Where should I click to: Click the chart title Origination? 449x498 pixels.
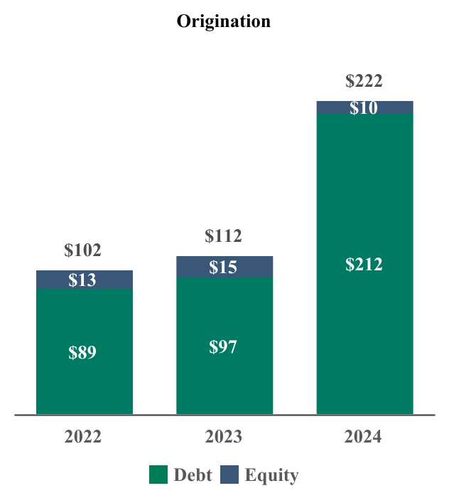click(x=224, y=21)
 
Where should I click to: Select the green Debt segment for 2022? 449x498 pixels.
click(x=84, y=384)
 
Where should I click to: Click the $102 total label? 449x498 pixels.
click(x=82, y=250)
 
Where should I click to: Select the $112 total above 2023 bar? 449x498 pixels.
click(x=223, y=235)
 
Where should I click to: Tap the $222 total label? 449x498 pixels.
click(x=364, y=81)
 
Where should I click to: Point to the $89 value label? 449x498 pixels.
click(x=82, y=353)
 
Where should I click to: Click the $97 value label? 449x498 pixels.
click(x=223, y=347)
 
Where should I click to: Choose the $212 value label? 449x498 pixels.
click(x=364, y=265)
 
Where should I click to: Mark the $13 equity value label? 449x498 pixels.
click(x=82, y=280)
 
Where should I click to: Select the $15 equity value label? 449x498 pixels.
click(x=223, y=267)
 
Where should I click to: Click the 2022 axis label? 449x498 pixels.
click(x=83, y=437)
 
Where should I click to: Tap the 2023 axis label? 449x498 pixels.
click(x=224, y=437)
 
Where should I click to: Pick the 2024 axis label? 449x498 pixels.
click(x=364, y=437)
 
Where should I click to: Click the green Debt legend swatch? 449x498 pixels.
click(x=158, y=475)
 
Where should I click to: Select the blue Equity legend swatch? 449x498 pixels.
click(x=229, y=475)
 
